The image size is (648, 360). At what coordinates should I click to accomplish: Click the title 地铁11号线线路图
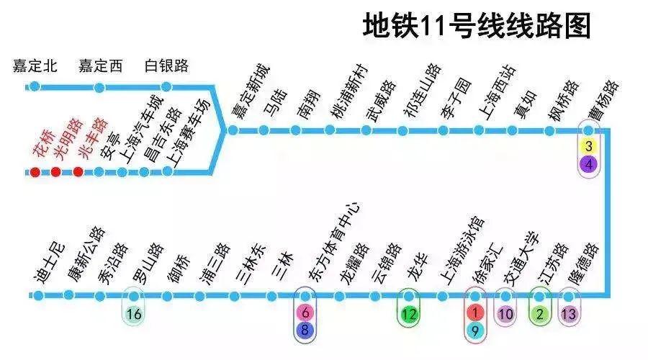(x=477, y=26)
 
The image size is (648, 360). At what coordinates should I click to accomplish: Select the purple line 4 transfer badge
(x=589, y=164)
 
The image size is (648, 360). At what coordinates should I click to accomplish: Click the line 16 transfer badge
(x=133, y=314)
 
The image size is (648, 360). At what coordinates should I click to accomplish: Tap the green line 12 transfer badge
(x=409, y=314)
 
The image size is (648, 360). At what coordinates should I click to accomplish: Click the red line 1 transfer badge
(x=475, y=313)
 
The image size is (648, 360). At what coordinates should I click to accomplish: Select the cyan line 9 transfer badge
(x=475, y=330)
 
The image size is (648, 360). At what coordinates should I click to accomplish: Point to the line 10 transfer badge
(x=505, y=314)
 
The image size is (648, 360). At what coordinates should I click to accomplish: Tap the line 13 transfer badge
(x=570, y=314)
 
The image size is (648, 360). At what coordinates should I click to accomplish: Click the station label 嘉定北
(x=35, y=67)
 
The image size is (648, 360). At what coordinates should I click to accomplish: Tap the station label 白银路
(x=167, y=67)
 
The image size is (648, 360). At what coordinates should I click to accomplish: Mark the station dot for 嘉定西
(x=100, y=86)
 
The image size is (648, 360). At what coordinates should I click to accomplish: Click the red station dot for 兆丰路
(x=78, y=172)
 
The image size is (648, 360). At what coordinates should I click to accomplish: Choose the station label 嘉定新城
(x=249, y=94)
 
